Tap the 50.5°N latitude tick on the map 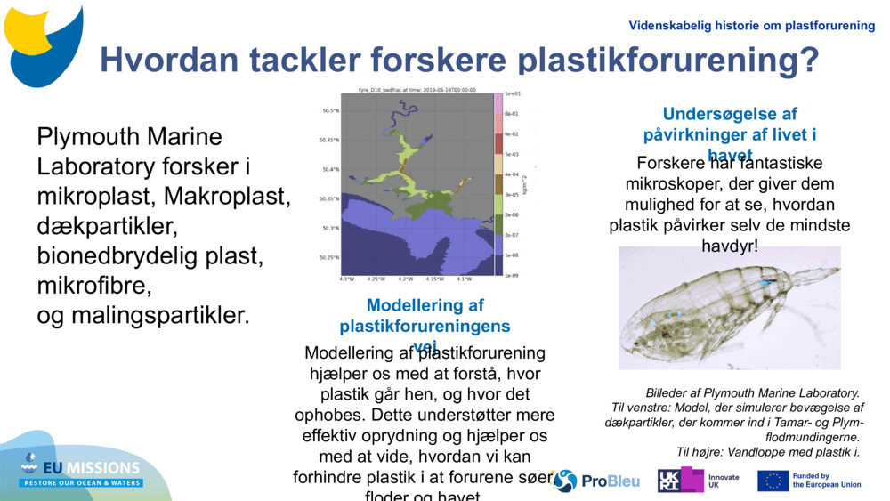pos(330,110)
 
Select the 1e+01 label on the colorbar pos(512,93)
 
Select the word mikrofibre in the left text pos(94,287)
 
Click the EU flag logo pos(773,481)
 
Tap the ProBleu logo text pos(611,481)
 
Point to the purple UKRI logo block pos(680,481)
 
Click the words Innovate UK pos(724,481)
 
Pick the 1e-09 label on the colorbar pos(512,277)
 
